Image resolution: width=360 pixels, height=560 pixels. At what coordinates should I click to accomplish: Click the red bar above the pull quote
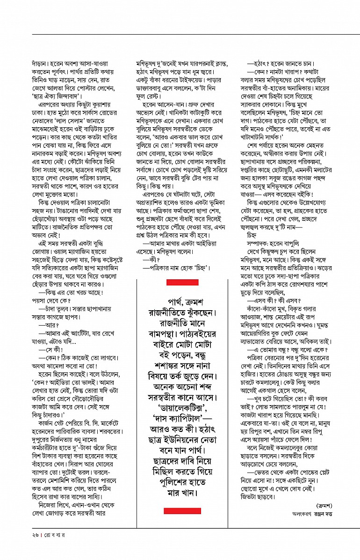[182, 283]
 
